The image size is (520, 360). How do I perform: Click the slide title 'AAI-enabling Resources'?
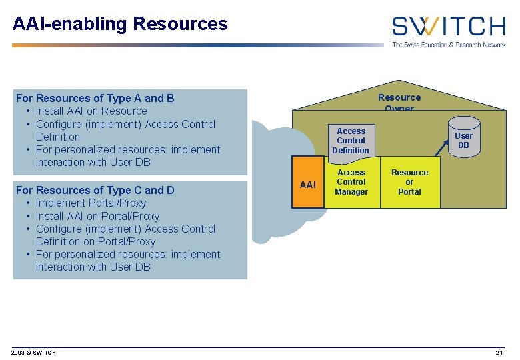click(120, 24)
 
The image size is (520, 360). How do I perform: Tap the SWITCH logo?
click(448, 26)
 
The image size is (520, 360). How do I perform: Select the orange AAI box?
click(308, 184)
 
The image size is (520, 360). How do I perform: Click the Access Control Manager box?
click(351, 182)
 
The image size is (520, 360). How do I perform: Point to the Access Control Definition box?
click(351, 141)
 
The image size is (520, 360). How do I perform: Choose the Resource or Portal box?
click(409, 182)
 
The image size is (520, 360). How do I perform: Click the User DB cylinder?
click(463, 140)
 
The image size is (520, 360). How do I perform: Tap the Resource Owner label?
click(399, 102)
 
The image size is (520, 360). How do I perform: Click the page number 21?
click(499, 353)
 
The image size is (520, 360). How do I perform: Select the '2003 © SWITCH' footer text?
click(34, 353)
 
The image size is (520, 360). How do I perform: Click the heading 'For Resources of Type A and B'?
click(95, 98)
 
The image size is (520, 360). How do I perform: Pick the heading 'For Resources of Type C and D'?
click(95, 190)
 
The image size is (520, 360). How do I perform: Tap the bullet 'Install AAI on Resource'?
click(91, 111)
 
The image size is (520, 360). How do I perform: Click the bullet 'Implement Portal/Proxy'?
click(91, 203)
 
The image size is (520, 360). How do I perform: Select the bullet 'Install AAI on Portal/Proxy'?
click(97, 216)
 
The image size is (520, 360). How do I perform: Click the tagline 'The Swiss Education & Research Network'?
click(448, 44)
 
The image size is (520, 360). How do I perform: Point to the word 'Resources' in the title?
click(180, 24)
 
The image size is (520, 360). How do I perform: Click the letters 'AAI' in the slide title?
click(29, 24)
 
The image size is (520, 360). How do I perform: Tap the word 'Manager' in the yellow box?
click(351, 192)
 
